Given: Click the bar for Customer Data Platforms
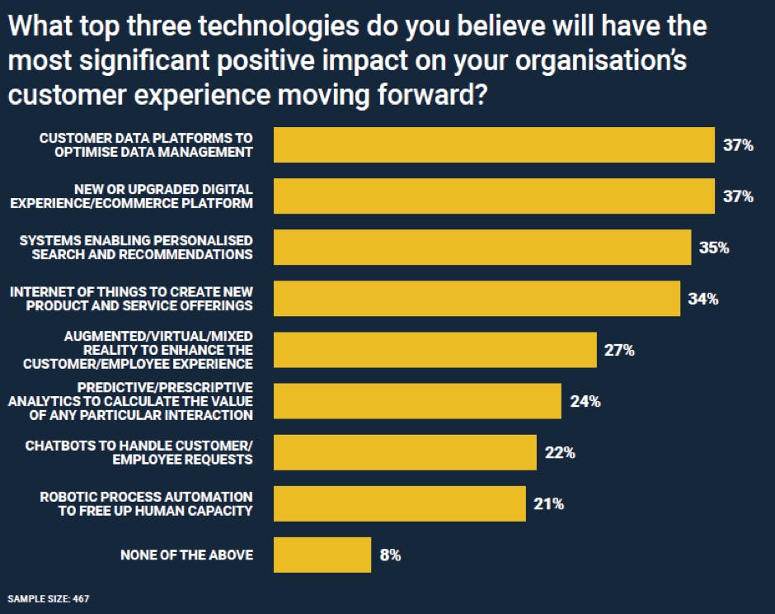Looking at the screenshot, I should pyautogui.click(x=493, y=144).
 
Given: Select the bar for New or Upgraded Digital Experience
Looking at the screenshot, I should pyautogui.click(x=493, y=196).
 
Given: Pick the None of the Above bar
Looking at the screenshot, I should pyautogui.click(x=322, y=555).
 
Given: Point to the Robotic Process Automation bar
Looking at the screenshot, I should pyautogui.click(x=399, y=503).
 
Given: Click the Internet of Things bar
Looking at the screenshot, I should pyautogui.click(x=476, y=299).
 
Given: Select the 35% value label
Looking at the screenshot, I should pyautogui.click(x=713, y=248).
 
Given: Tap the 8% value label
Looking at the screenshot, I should pyautogui.click(x=390, y=555).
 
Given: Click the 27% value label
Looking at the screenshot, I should pyautogui.click(x=619, y=351).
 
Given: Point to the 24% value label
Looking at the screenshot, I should pyautogui.click(x=585, y=402).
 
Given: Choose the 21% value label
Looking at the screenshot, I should pyautogui.click(x=548, y=503).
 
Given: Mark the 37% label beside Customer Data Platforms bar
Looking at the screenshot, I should pyautogui.click(x=738, y=145).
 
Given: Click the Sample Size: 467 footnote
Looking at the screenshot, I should pyautogui.click(x=49, y=597).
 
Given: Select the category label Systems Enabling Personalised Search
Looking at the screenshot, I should pyautogui.click(x=136, y=247).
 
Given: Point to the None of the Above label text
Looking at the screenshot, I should pyautogui.click(x=186, y=555).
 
